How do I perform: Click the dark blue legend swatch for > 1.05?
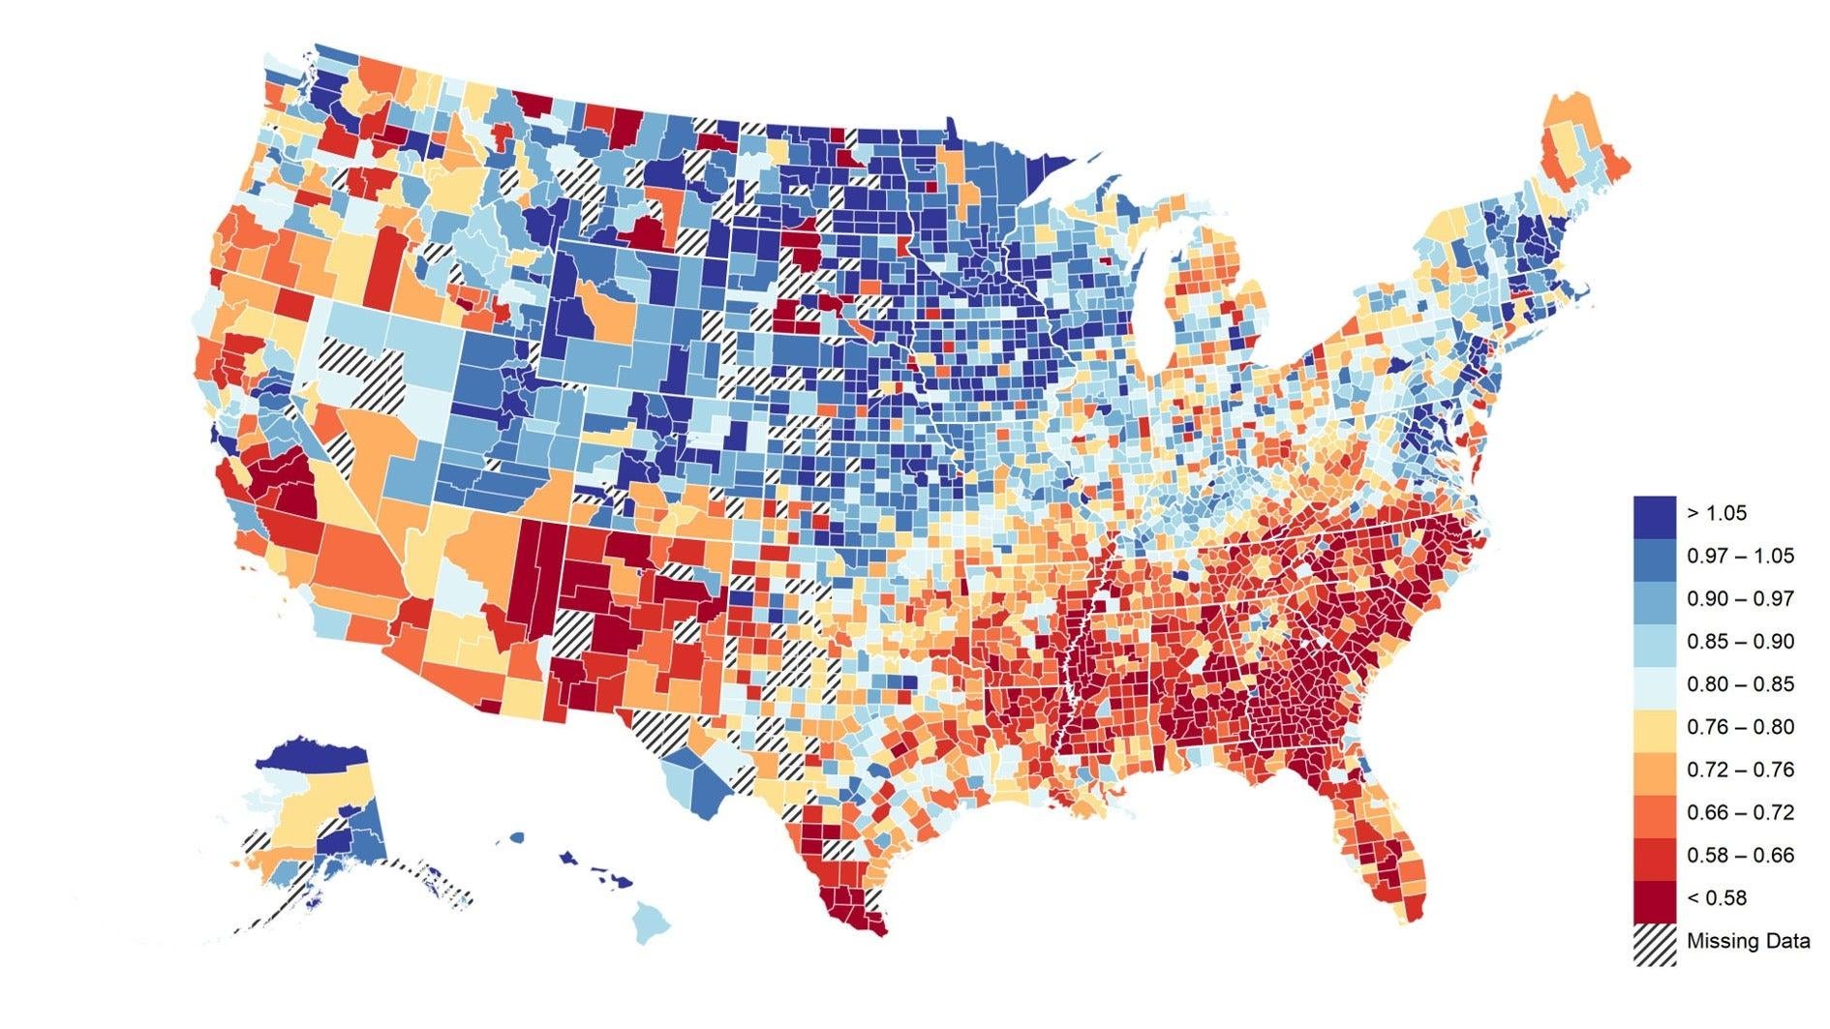coord(1654,513)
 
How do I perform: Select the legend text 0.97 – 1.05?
coord(1740,556)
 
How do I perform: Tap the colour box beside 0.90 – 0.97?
coord(1654,598)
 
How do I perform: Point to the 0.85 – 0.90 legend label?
coord(1740,641)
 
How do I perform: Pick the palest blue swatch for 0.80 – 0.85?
coord(1654,683)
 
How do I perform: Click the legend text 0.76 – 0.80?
coord(1740,726)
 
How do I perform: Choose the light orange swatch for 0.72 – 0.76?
coord(1654,770)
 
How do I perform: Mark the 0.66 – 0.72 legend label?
coord(1740,812)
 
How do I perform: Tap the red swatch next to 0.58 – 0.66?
coord(1654,855)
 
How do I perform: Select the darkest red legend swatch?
coord(1654,897)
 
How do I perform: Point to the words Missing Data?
coord(1748,941)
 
